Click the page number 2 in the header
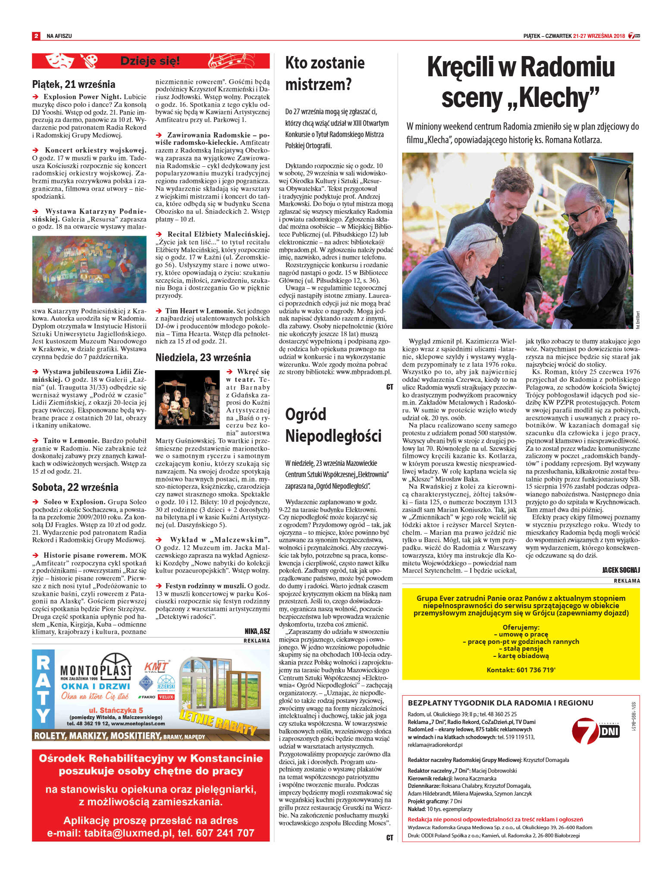coord(36,36)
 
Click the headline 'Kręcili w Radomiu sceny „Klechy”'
coord(521,82)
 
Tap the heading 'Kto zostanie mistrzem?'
coord(325,73)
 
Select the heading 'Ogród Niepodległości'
coord(333,425)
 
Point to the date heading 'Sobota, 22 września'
coord(75,487)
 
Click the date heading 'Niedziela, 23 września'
coord(203,357)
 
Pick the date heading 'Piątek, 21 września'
coord(73,84)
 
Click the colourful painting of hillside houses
coord(89,269)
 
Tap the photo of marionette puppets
coord(187,398)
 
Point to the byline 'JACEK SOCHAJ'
coord(621,570)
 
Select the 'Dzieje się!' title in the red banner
coord(150,61)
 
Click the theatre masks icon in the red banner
coord(60,61)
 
